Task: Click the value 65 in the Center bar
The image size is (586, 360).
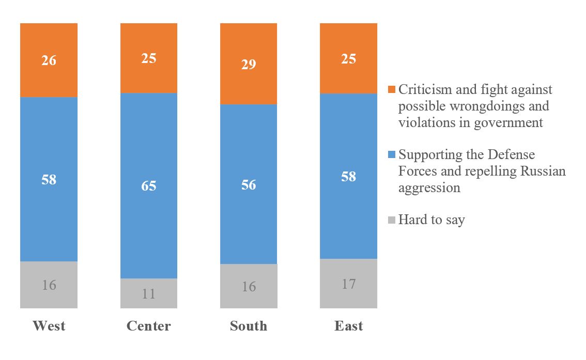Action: coord(149,186)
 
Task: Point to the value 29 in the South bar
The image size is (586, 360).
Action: coord(249,65)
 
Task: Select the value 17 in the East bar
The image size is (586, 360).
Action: coord(348,284)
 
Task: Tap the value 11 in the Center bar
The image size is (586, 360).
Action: coord(149,294)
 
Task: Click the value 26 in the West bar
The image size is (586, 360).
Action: coord(49,60)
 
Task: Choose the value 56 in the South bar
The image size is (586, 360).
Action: coord(249,185)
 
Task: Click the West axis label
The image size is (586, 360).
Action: coord(49,326)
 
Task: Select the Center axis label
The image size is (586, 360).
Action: coord(149,326)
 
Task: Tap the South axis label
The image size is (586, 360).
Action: coord(249,326)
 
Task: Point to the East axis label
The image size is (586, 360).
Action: coord(348,326)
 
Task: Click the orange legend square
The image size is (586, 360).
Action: coord(392,89)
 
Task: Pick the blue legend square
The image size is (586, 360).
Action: coord(392,154)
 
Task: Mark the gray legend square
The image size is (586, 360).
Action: coord(392,220)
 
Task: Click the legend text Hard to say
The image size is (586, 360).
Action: coord(431,220)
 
